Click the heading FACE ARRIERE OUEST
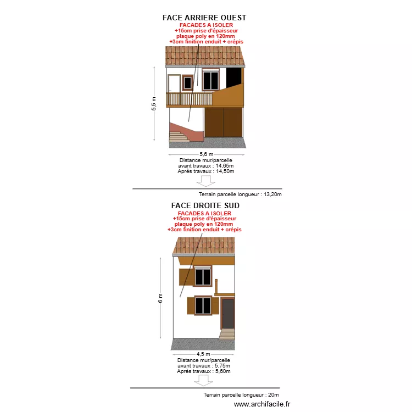pos(204,18)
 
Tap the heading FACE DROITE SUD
pos(205,205)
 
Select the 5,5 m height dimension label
pos(154,104)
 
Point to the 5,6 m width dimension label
pos(206,154)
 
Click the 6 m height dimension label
pos(160,298)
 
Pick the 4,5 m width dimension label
pos(203,354)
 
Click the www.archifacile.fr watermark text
pos(262,404)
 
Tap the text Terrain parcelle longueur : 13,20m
pos(240,194)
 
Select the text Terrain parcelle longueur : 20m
pos(241,394)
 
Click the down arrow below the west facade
pos(206,181)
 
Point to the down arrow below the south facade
pos(203,381)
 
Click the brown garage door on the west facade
pos(224,122)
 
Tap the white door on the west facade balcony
pos(174,83)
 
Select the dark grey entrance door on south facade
pos(228,314)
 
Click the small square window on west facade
pos(188,83)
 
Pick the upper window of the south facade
pos(203,276)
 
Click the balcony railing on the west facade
pos(189,99)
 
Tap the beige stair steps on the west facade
pos(179,137)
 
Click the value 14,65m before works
pos(225,166)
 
